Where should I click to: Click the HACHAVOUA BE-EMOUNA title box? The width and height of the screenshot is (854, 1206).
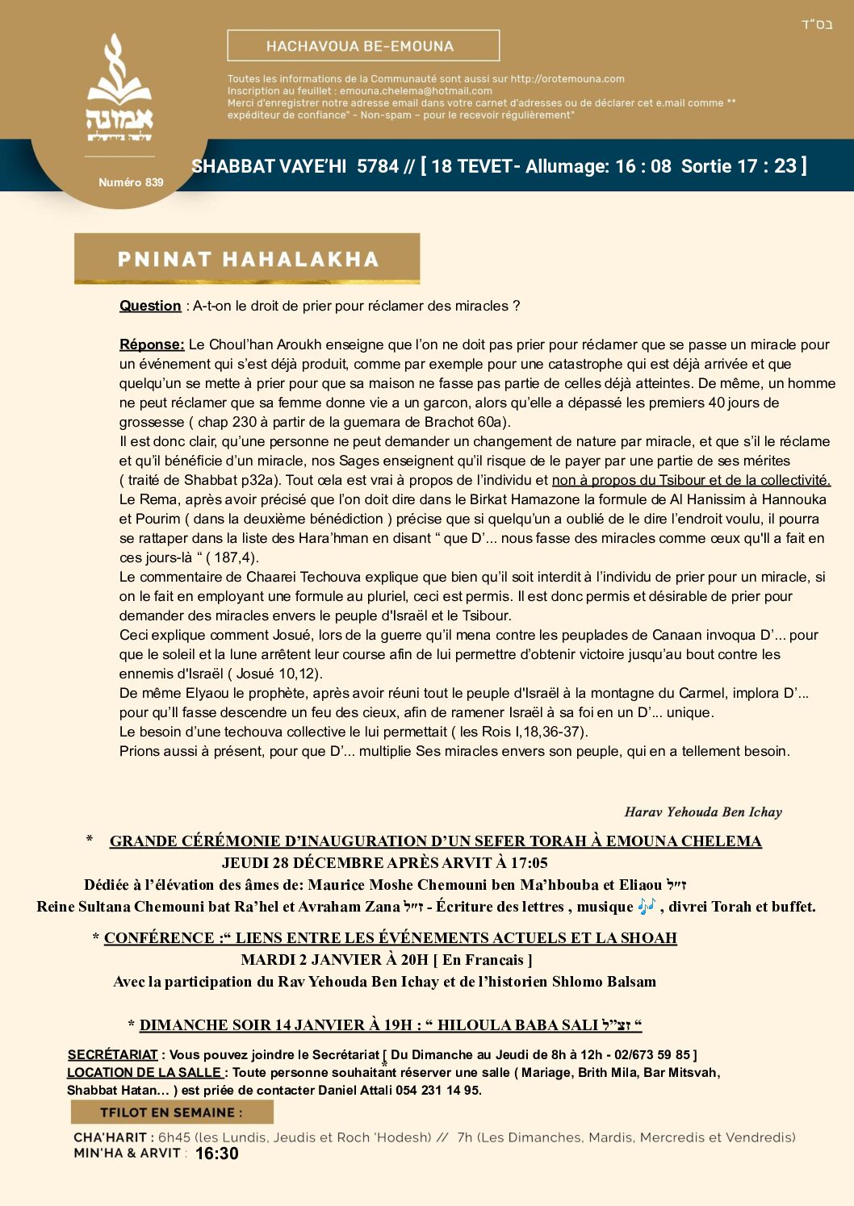coord(363,46)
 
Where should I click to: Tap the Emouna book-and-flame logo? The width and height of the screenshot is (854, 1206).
coord(119,89)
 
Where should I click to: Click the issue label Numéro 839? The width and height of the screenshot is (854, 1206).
coord(131,182)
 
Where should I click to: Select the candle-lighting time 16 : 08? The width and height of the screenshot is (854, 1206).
coord(643,166)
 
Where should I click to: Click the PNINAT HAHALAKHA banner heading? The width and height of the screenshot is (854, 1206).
coord(247,259)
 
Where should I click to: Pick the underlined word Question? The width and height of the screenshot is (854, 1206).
coord(150,306)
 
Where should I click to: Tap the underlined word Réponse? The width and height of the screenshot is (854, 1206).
coord(152,344)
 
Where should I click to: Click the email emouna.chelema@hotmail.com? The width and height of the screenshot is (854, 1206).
coord(416,91)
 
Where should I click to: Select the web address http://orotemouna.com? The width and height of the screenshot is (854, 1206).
coord(567,79)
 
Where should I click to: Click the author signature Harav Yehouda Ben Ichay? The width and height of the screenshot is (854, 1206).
coord(703,812)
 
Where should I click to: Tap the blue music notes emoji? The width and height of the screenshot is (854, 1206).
coord(647,906)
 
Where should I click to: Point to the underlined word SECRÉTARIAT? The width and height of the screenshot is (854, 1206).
coord(112,1054)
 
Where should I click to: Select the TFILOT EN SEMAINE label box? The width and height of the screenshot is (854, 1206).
coord(172,1112)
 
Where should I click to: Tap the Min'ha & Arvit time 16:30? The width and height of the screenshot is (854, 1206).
coord(216,1154)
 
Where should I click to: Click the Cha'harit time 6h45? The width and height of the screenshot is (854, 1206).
coord(174,1137)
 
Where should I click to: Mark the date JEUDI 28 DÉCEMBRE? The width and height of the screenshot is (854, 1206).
coord(303,863)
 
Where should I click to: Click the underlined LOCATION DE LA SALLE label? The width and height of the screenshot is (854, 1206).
coord(144,1072)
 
